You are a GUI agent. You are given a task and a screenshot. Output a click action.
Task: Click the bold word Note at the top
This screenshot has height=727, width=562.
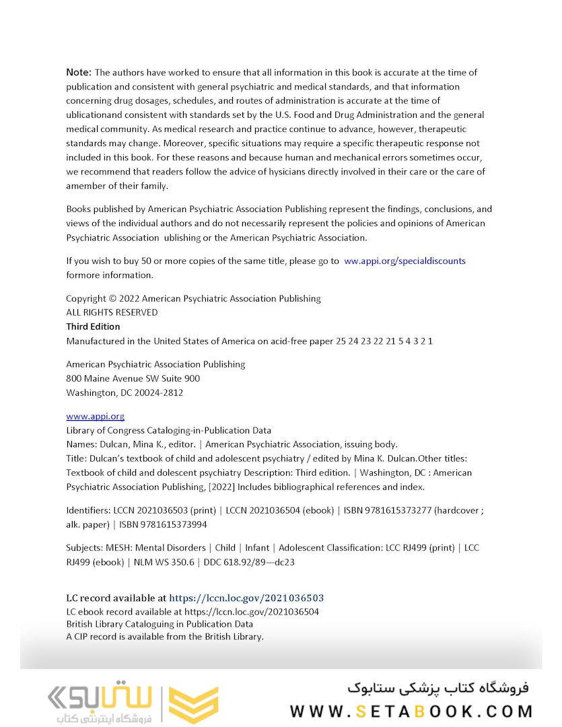(79, 72)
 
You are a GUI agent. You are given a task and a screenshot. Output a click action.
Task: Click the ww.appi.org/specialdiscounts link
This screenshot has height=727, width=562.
(405, 261)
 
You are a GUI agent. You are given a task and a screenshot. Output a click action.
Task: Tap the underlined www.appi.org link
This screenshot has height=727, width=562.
(95, 416)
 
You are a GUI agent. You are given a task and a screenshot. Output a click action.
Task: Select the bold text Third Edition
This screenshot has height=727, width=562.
(93, 326)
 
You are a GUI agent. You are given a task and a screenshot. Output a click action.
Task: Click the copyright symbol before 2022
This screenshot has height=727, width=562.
(112, 298)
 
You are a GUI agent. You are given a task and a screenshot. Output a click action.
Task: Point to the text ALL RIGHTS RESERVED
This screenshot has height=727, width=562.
(112, 312)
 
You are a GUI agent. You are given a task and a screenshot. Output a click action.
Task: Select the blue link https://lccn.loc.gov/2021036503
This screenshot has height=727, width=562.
(246, 598)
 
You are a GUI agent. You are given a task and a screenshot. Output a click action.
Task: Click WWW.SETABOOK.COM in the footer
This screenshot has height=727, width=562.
(411, 711)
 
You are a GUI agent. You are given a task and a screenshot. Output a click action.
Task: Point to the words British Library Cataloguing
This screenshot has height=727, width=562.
(122, 624)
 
